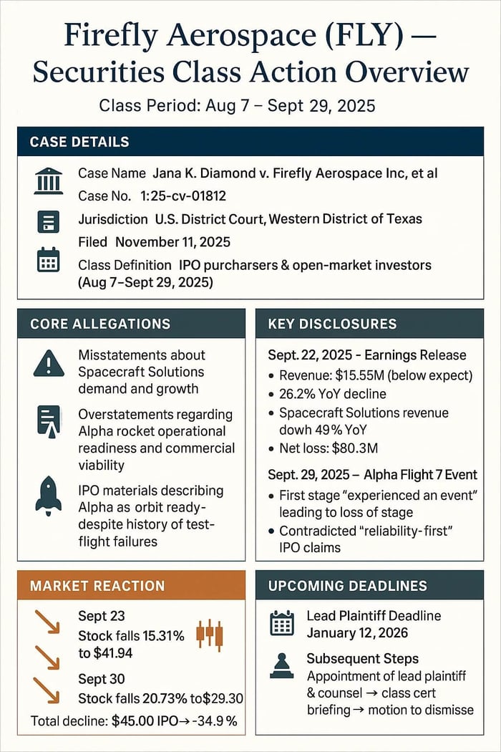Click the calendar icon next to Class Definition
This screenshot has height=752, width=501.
48,260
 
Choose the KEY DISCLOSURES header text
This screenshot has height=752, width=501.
332,324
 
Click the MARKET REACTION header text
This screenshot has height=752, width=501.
97,586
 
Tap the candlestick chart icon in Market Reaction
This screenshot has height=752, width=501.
209,633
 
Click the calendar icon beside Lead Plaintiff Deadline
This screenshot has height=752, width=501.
281,624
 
